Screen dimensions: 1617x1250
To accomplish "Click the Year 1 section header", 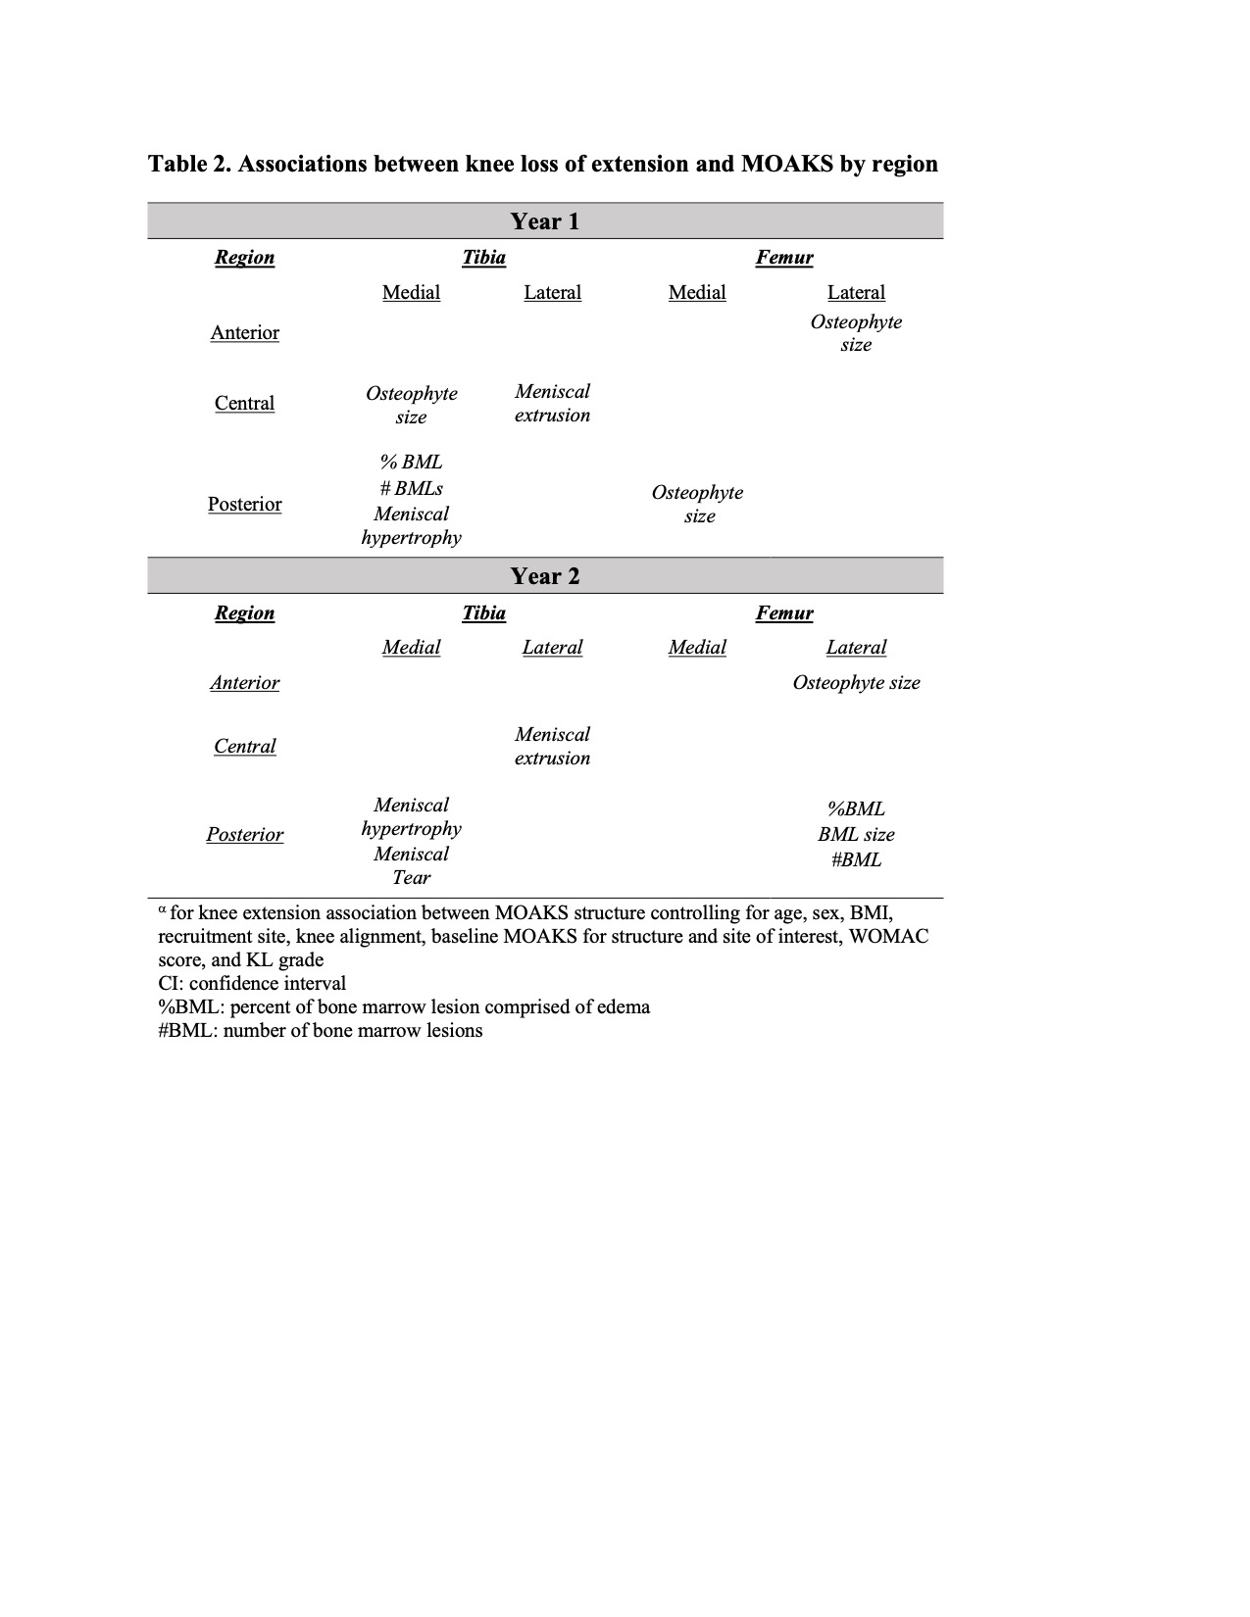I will click(544, 221).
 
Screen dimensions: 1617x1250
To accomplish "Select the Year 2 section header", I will click(544, 576).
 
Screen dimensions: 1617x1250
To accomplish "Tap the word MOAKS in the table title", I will click(785, 164).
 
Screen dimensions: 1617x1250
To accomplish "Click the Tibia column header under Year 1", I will click(483, 258).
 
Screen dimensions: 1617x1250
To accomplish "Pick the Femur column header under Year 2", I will click(783, 613).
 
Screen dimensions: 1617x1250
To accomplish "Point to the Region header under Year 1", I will click(244, 258).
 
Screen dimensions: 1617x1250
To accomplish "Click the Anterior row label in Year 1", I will click(244, 333).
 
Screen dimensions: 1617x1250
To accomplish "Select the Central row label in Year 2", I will click(244, 747).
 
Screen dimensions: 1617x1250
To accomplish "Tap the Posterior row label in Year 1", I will click(244, 505).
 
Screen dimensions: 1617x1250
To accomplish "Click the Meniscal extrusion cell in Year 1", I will click(552, 404).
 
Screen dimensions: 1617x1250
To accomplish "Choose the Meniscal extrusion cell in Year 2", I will click(552, 747).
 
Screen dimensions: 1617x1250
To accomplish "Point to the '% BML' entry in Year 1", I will click(411, 463).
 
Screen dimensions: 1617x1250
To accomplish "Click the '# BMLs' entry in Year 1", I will click(411, 488).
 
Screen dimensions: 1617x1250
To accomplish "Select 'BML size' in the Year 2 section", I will click(856, 835).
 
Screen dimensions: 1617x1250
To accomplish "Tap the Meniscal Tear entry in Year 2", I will click(411, 866).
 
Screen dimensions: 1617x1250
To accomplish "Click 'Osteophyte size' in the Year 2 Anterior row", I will click(856, 683).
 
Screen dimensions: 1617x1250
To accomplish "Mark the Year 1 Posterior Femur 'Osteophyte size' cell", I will click(698, 505).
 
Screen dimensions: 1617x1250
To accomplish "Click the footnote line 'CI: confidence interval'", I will click(252, 984).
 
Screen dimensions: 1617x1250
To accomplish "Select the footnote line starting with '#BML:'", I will click(320, 1031).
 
